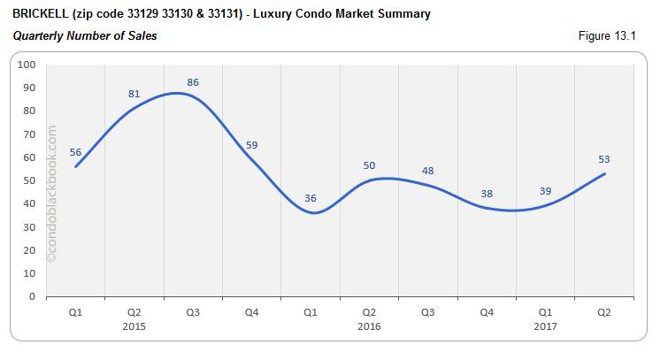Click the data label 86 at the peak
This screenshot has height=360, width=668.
pos(193,82)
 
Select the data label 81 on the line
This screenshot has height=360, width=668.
pos(134,94)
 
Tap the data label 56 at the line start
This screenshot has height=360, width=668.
pos(75,151)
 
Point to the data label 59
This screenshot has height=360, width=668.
pos(251,145)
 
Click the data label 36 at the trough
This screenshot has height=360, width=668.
pos(311,198)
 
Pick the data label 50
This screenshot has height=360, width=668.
pos(369,165)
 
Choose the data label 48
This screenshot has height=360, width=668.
pos(427,171)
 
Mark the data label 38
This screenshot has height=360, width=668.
pos(487,194)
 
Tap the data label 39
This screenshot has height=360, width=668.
pos(545,191)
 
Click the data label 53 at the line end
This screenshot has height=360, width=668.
pos(604,159)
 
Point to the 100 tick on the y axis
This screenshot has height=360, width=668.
pos(26,65)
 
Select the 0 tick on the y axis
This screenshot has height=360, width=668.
pos(31,296)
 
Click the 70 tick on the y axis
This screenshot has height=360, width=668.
pos(28,134)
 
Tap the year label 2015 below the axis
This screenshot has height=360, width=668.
pos(134,326)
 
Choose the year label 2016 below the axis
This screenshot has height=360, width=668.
pos(369,326)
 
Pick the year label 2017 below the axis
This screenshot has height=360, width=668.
pos(545,326)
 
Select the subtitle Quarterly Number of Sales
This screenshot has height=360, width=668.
pos(85,36)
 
